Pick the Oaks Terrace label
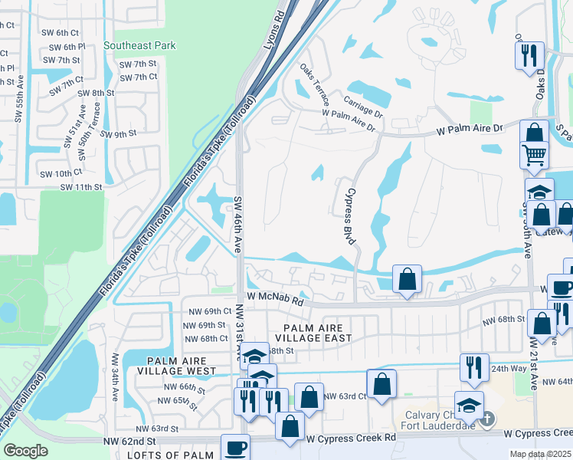pos(316,84)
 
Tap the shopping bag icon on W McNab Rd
pos(407,278)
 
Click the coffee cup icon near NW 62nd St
pos(235,447)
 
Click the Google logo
pos(25,451)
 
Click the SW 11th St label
pos(81,186)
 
